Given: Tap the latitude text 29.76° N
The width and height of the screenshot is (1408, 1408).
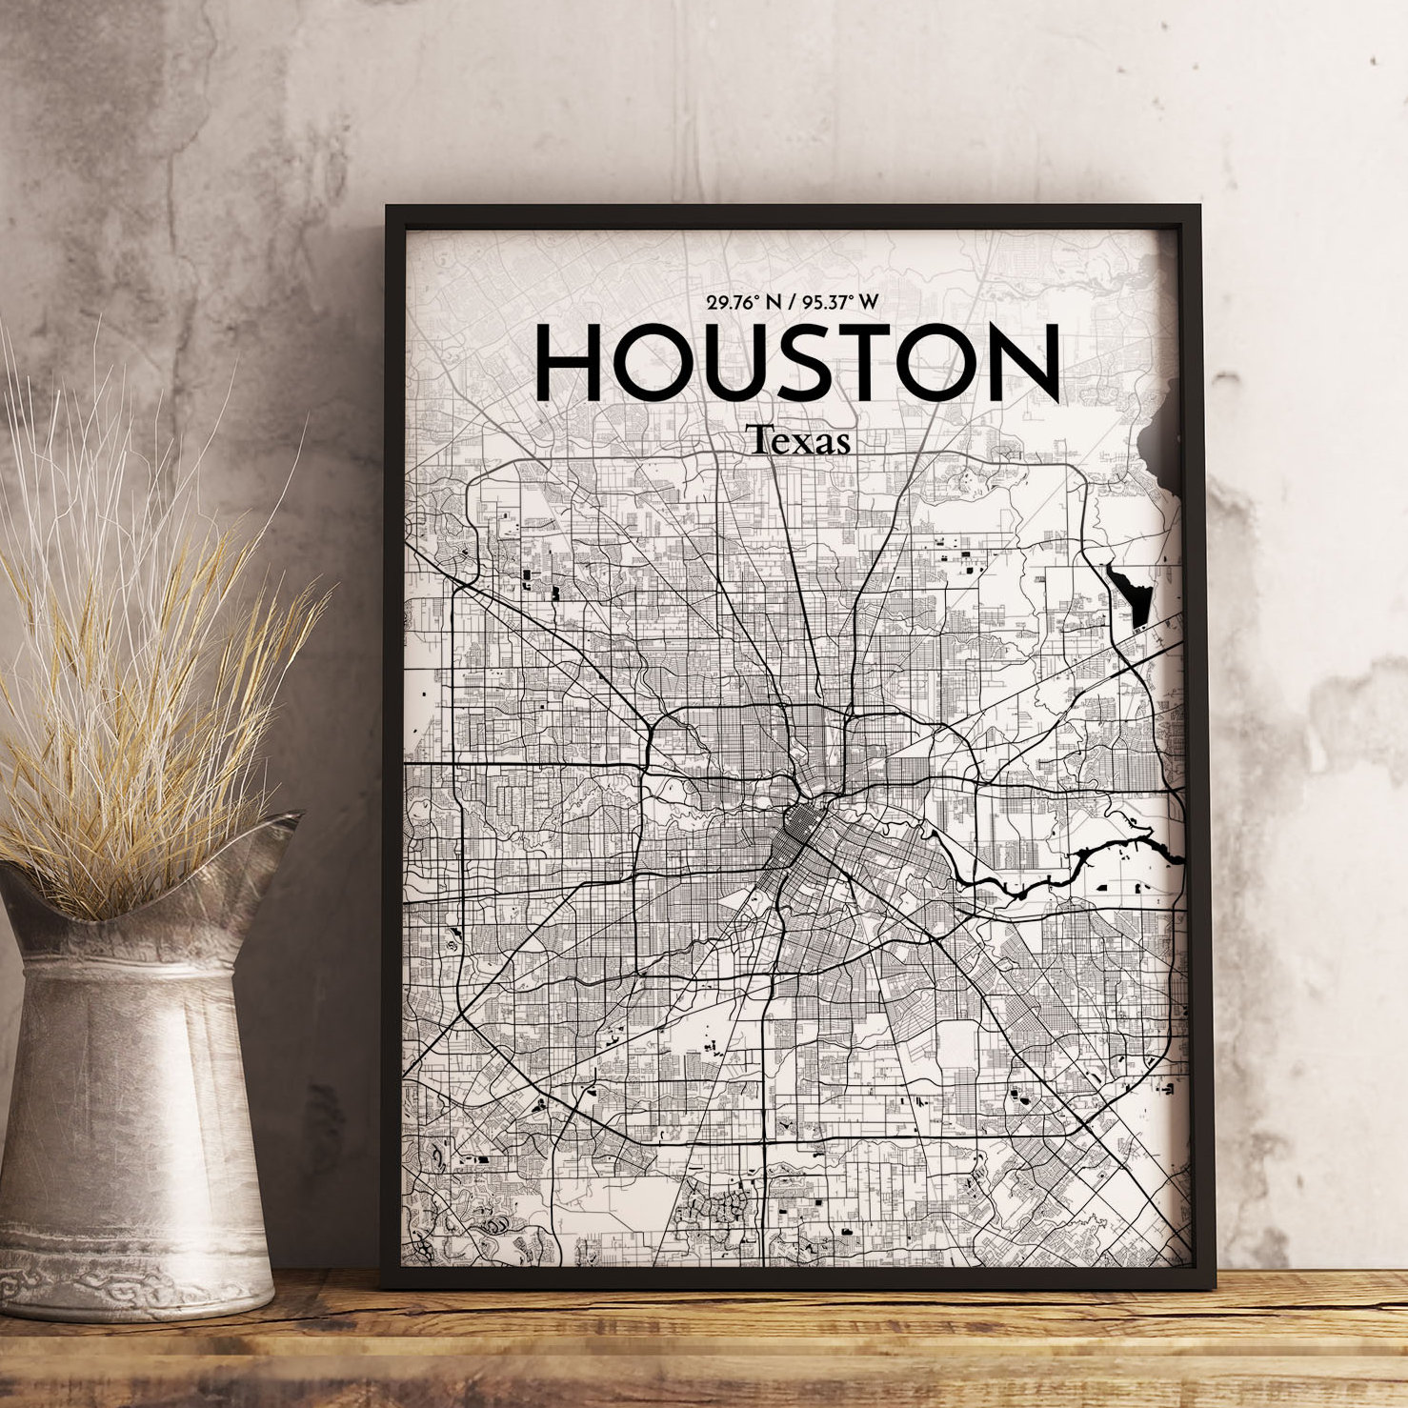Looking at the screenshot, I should [743, 303].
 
